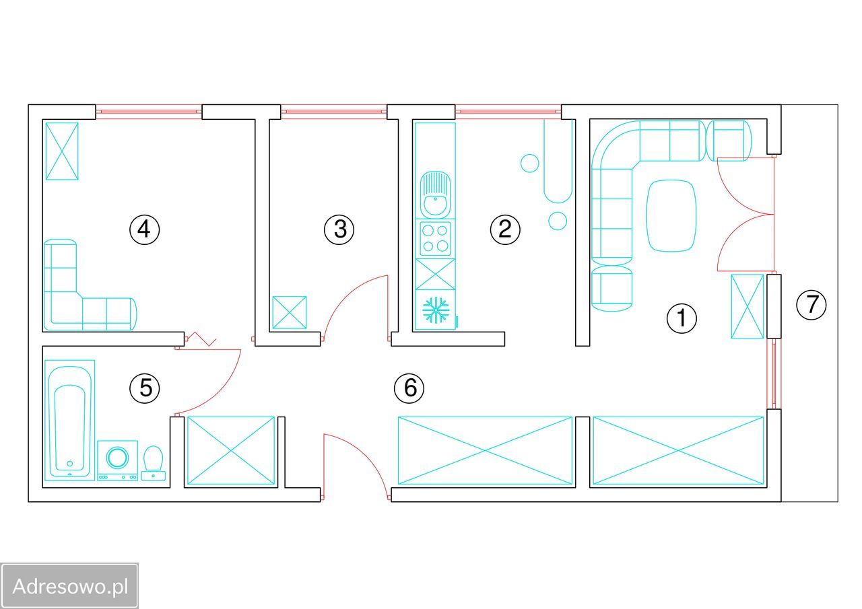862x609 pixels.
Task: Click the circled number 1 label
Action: coord(682,318)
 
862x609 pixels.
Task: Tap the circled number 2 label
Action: coord(505,229)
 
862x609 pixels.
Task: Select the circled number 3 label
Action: coord(339,229)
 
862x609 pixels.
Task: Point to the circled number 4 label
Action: coord(144,229)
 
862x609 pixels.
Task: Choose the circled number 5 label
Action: coord(145,388)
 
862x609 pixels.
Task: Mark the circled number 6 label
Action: coord(409,388)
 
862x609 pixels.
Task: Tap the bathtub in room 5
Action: coord(69,420)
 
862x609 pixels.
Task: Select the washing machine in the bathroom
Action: coord(118,460)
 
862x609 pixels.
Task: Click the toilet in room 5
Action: coord(154,462)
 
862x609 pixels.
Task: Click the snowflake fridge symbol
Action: coord(435,310)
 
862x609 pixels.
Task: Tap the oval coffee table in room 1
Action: coord(671,215)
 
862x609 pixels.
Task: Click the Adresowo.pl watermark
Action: coord(70,586)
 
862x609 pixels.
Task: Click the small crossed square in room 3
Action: coord(289,313)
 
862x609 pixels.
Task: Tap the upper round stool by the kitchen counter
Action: coord(530,163)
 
